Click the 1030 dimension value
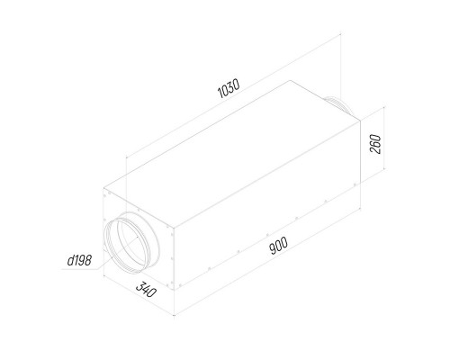pos(229,88)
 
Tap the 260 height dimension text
pos(375,144)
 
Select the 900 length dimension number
pos(279,246)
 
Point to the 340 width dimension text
pos(146,289)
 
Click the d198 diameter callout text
pos(79,260)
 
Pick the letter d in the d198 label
pos(70,260)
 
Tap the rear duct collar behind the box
pos(342,106)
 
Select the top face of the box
pos(231,153)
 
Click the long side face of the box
pos(267,205)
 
